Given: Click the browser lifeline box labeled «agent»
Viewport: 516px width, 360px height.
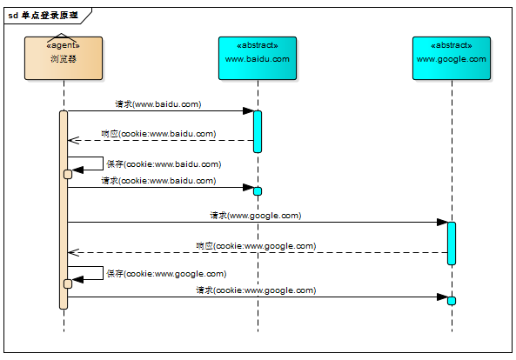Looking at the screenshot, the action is pyautogui.click(x=64, y=58).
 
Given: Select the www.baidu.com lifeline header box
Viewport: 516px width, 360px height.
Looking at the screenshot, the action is pyautogui.click(x=258, y=58).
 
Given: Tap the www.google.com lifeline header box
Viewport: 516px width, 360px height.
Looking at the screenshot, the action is pyautogui.click(x=452, y=58).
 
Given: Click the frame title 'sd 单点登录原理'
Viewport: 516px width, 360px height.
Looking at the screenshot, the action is pyautogui.click(x=44, y=16).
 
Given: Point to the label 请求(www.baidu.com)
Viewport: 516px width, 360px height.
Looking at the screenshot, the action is pyautogui.click(x=158, y=104).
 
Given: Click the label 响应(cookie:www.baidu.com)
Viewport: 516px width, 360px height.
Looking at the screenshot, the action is pyautogui.click(x=158, y=134).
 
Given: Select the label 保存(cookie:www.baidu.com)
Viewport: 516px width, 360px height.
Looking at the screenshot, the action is pyautogui.click(x=164, y=164).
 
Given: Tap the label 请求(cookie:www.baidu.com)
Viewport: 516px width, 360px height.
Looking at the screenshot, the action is pyautogui.click(x=158, y=181).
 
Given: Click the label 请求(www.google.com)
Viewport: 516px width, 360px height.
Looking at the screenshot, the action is pyautogui.click(x=255, y=216).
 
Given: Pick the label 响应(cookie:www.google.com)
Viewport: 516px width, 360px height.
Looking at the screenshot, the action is pyautogui.click(x=256, y=246).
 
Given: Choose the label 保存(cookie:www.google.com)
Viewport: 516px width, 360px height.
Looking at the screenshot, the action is pyautogui.click(x=166, y=274).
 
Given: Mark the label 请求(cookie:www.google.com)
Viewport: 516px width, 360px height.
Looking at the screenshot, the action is pyautogui.click(x=256, y=290).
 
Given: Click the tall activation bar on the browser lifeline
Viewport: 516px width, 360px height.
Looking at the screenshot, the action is pyautogui.click(x=64, y=210).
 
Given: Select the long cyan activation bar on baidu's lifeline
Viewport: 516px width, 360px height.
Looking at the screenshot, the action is pyautogui.click(x=258, y=132).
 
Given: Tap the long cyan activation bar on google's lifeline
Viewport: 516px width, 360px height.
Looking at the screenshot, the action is pyautogui.click(x=452, y=243).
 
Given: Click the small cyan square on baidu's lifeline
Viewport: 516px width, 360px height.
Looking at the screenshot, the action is pyautogui.click(x=258, y=191).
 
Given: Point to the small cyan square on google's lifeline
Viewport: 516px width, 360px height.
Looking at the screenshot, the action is pyautogui.click(x=452, y=301).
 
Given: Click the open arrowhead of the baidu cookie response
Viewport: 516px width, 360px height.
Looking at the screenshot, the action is pyautogui.click(x=73, y=140).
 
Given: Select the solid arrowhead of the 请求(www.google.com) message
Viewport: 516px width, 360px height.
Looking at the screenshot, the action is pyautogui.click(x=442, y=223).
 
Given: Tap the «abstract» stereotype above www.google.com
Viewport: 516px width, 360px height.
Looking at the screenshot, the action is pyautogui.click(x=452, y=45).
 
